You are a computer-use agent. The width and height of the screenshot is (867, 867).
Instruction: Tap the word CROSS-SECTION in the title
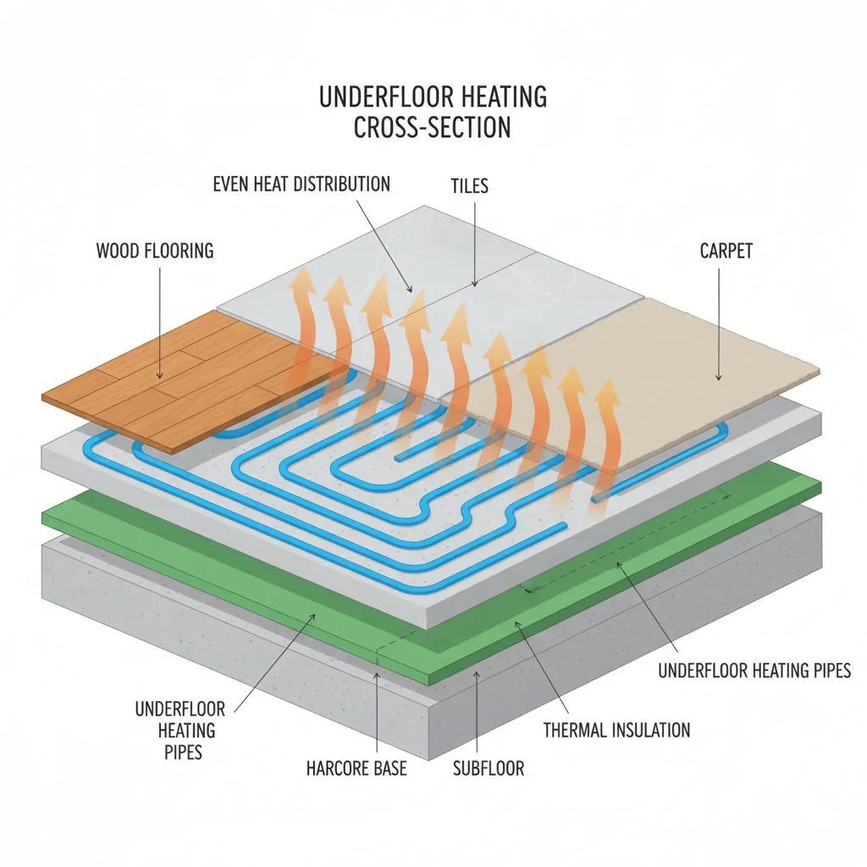pyautogui.click(x=432, y=127)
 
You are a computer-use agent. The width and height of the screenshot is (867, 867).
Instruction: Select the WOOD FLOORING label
pyautogui.click(x=155, y=251)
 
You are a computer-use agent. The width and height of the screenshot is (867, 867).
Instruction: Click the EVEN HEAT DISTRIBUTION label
pyautogui.click(x=301, y=184)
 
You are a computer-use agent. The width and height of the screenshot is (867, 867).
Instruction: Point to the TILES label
pyautogui.click(x=470, y=185)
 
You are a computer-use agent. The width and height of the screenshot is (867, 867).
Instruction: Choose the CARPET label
pyautogui.click(x=726, y=251)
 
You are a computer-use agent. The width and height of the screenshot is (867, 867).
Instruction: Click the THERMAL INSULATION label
pyautogui.click(x=616, y=729)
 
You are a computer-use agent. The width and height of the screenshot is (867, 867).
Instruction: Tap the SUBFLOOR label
pyautogui.click(x=489, y=768)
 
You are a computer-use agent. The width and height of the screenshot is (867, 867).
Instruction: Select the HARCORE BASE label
pyautogui.click(x=356, y=768)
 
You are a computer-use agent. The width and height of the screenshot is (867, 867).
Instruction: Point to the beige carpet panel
pyautogui.click(x=643, y=373)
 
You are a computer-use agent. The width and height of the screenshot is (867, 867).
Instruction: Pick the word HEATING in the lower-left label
pyautogui.click(x=175, y=730)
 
